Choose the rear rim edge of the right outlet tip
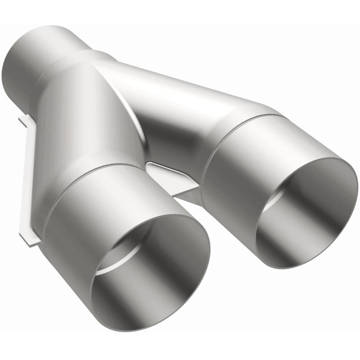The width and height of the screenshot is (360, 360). point(252,119)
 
